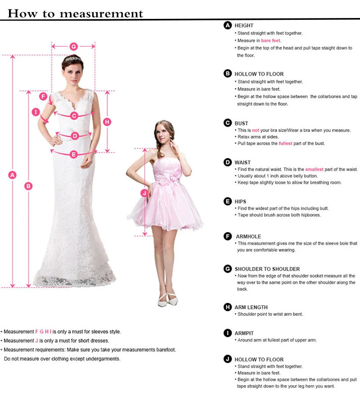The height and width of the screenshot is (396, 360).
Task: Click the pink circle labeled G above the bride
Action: point(74,46)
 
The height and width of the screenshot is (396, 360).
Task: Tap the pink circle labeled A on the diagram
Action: point(13,175)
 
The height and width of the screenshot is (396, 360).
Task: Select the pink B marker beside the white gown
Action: point(28,185)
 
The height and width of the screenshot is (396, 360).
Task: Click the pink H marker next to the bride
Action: point(107,121)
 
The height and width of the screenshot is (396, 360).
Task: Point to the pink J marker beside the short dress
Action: point(144,193)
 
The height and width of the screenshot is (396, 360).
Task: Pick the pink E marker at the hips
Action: point(74,154)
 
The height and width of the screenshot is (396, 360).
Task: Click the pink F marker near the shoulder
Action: point(44,96)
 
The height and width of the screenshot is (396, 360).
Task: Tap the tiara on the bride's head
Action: point(73,59)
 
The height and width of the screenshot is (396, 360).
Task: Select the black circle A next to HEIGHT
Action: point(228,25)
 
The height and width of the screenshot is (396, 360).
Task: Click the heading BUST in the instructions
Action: point(241,123)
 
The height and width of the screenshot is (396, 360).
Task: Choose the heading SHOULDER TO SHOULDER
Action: point(267,269)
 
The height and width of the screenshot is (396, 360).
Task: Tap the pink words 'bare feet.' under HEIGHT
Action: point(271,40)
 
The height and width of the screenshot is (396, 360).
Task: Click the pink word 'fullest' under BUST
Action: point(285,144)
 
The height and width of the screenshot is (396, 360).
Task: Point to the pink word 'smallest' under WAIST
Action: point(314,169)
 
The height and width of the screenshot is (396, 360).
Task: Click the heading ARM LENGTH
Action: point(251,307)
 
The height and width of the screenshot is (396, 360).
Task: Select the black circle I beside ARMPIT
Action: point(228,333)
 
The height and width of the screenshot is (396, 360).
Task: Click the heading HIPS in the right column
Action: point(240,202)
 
